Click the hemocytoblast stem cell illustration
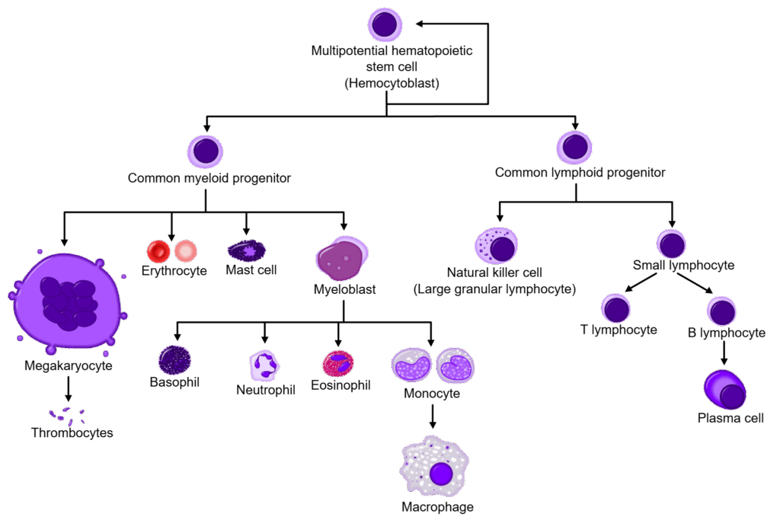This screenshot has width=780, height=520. [x=385, y=24]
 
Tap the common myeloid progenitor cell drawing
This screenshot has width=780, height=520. [x=205, y=152]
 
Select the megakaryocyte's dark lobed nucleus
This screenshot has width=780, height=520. [x=69, y=304]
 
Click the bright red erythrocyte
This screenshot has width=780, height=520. [x=158, y=251]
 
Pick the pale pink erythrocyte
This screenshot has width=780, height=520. [x=186, y=251]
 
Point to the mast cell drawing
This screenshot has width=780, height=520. [x=247, y=250]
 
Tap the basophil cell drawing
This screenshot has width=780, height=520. [x=174, y=360]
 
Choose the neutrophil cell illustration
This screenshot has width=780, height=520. [x=264, y=366]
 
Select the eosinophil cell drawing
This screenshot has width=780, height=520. [x=338, y=364]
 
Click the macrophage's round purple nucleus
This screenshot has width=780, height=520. [x=441, y=473]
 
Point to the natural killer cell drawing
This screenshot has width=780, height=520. [x=497, y=246]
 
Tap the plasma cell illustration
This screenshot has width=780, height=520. [x=725, y=390]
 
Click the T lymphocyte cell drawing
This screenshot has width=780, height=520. [x=615, y=308]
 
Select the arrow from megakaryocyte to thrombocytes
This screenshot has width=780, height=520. [x=68, y=389]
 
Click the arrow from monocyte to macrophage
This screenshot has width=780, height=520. [x=433, y=416]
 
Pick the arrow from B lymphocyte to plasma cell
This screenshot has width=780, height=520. [x=724, y=353]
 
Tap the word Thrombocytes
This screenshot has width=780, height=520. [x=72, y=432]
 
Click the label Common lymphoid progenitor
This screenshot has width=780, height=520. [x=580, y=173]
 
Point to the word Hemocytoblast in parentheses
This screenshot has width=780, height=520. [x=392, y=83]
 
